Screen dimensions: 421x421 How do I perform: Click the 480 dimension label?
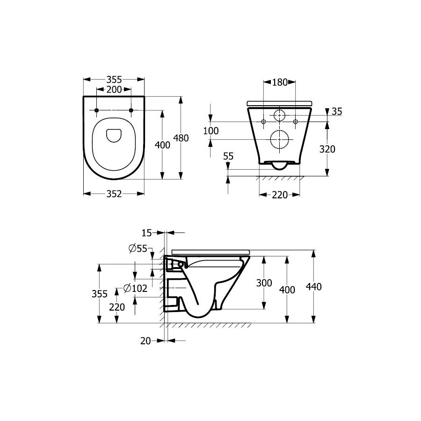point(181,138)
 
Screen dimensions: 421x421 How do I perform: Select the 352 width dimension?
point(114,194)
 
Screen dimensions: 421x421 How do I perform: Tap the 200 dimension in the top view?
point(114,89)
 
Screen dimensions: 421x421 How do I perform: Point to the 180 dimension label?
point(280,82)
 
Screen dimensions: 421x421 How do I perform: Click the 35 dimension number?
point(337,111)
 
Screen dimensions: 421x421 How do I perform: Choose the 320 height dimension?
point(327,149)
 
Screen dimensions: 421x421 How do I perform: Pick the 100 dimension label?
point(211,131)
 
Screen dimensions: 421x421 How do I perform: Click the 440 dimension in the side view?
point(313,287)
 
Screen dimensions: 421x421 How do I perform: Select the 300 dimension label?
point(264,283)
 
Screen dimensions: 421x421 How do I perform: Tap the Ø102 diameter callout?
point(135,288)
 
